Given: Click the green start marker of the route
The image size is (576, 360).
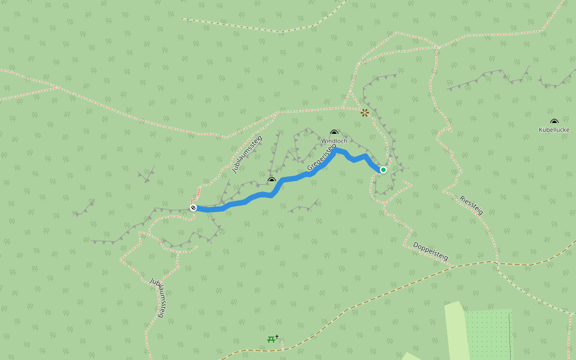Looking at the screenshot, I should (x=383, y=170).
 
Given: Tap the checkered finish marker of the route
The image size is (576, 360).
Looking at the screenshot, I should (x=193, y=208).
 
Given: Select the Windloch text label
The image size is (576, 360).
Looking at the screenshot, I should (x=334, y=141).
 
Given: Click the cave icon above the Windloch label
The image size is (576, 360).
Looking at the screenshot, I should (x=334, y=133).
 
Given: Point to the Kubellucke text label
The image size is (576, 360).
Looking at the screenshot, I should (x=554, y=130).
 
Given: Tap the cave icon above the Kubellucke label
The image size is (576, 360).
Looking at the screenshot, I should (x=554, y=122).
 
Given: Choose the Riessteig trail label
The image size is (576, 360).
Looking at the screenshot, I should (x=471, y=205).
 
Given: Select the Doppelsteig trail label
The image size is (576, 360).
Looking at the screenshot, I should (x=430, y=251).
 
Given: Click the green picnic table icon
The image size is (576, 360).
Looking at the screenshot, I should (x=271, y=340).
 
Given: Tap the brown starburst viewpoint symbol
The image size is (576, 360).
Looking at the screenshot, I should (x=365, y=112).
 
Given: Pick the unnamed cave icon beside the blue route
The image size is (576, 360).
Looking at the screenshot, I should (x=271, y=179).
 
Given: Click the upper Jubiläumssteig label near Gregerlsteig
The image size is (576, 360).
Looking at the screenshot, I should (x=247, y=154).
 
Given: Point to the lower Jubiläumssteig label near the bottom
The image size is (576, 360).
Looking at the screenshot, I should (x=157, y=297).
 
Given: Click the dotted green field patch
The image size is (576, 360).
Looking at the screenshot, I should (x=487, y=333).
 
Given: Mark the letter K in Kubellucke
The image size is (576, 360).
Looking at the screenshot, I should (x=541, y=130).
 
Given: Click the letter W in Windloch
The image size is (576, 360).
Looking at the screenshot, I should (x=323, y=141).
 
